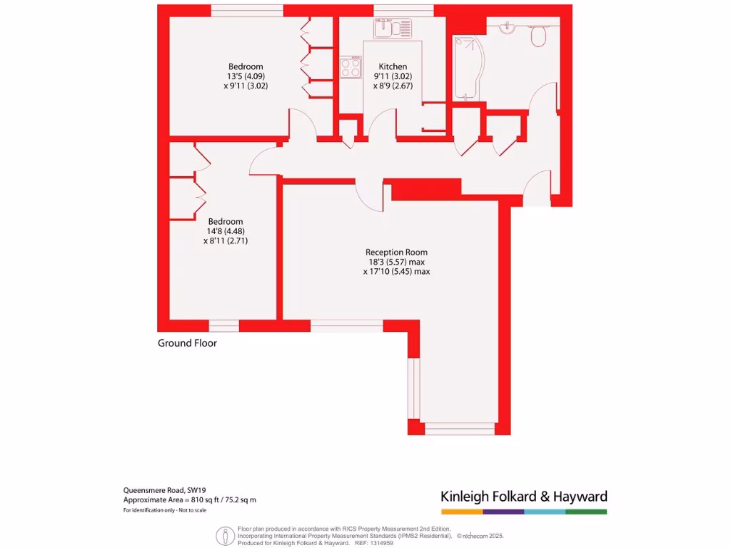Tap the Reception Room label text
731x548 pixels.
[396, 252]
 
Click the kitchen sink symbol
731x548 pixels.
[392, 27]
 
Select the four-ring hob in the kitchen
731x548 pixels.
[351, 68]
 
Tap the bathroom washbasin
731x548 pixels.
[508, 28]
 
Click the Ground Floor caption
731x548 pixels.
[187, 343]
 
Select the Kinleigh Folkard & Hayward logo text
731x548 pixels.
[523, 497]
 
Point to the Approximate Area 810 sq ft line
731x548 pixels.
[189, 500]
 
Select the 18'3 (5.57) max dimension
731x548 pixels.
[396, 262]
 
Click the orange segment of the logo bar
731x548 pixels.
[462, 512]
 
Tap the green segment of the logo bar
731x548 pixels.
[586, 512]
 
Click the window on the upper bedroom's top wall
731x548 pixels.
[247, 9]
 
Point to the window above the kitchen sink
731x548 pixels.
[403, 9]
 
